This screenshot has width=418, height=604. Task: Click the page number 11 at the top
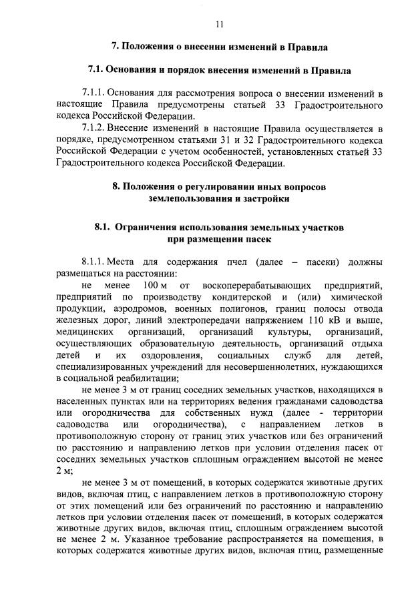(219, 25)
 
